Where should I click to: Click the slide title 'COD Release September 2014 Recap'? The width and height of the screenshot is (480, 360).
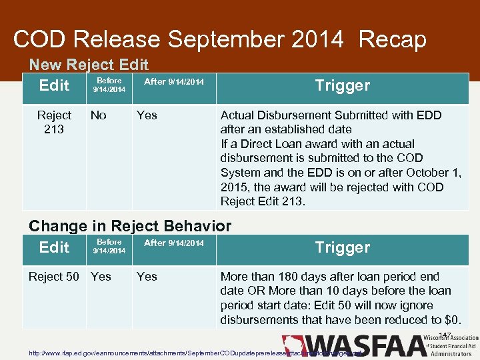point(219,39)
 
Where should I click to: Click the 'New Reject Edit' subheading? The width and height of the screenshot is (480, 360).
point(88,65)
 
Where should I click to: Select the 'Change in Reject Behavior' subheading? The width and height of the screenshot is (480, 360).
point(130,226)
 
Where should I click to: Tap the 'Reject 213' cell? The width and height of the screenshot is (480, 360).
point(54,122)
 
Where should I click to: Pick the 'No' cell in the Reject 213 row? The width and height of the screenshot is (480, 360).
point(98,115)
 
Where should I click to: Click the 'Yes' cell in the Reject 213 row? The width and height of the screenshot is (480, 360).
point(147,115)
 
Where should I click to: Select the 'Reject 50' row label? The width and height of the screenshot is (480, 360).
point(53,276)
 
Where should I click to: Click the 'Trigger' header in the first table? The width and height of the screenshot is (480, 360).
point(342,85)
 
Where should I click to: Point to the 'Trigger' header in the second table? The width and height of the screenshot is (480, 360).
point(342,247)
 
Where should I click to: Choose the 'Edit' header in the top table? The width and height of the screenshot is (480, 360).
point(54,85)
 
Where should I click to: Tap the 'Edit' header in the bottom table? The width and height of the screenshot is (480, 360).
point(54,247)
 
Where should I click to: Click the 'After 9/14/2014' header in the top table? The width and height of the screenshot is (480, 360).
point(174,81)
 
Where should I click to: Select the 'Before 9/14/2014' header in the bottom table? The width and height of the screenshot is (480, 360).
point(109,246)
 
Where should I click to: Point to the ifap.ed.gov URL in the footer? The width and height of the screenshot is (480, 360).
point(193,352)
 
